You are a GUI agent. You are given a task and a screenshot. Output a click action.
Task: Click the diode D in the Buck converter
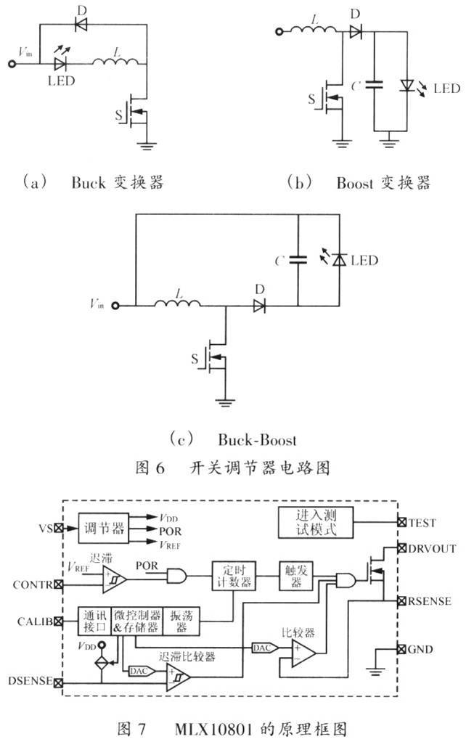point(81,25)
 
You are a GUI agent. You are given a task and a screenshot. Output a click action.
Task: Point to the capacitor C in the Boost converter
point(374,85)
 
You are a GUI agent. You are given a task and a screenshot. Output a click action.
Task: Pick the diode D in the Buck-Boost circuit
point(259,306)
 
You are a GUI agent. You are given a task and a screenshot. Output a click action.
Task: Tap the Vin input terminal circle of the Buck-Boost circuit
point(115,306)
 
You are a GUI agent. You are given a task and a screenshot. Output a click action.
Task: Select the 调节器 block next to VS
point(104,528)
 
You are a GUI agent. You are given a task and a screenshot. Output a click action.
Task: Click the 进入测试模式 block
point(316,522)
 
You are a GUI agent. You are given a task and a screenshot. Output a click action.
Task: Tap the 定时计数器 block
point(234,576)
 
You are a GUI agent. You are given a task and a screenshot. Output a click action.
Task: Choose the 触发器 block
point(296,576)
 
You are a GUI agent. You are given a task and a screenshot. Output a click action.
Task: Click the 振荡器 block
point(181,621)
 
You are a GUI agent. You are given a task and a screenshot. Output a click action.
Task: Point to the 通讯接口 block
point(94,621)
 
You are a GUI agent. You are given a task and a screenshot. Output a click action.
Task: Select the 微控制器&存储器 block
point(137,621)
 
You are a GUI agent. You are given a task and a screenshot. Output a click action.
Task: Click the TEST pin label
point(422,523)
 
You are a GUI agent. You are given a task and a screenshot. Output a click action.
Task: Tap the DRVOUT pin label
point(432,548)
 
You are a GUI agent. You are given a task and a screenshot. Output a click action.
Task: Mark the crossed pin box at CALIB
point(58,621)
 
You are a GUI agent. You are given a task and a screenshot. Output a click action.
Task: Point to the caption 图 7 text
point(131,728)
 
